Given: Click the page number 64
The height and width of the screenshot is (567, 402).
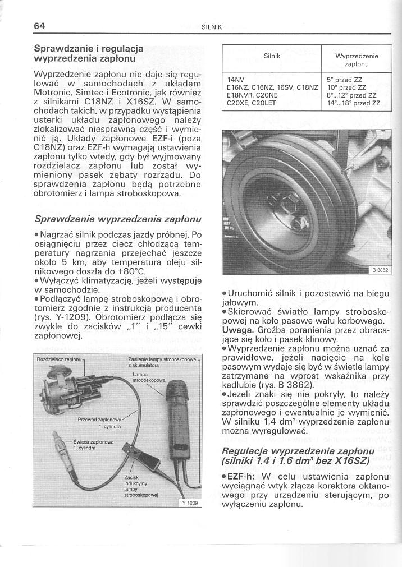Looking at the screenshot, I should tap(38, 26).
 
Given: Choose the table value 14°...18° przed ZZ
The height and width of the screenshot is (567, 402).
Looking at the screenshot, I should tap(353, 103).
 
